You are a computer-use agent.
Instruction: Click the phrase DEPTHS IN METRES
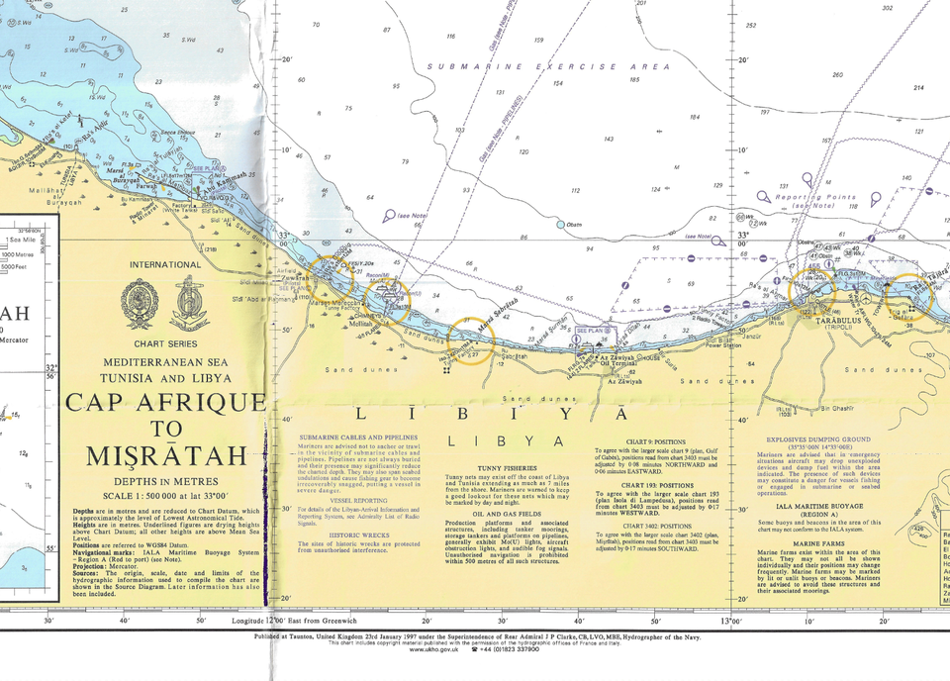(x=165, y=480)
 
